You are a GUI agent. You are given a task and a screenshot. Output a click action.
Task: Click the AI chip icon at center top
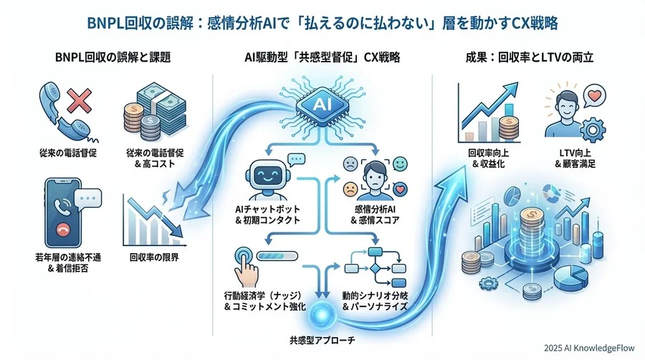322,105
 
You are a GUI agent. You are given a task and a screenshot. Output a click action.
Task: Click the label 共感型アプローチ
322,337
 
